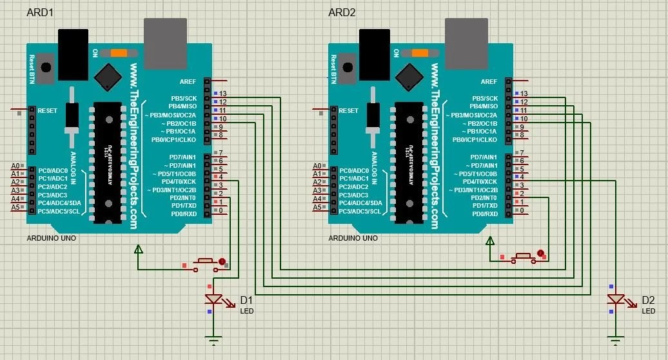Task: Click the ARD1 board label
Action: pos(39,13)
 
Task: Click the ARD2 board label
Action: pos(342,13)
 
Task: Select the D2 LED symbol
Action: pos(616,299)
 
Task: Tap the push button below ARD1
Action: pos(206,261)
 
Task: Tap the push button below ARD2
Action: pos(522,257)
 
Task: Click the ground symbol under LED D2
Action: pos(616,337)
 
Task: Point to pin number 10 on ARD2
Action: pos(524,119)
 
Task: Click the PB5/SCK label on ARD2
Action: pos(484,98)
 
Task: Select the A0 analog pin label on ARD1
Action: pos(15,166)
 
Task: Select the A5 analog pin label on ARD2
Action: pos(317,208)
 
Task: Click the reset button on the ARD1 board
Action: pos(45,68)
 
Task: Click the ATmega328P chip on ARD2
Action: pos(409,161)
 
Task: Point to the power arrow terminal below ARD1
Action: pos(137,250)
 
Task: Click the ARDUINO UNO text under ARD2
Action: pos(353,238)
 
